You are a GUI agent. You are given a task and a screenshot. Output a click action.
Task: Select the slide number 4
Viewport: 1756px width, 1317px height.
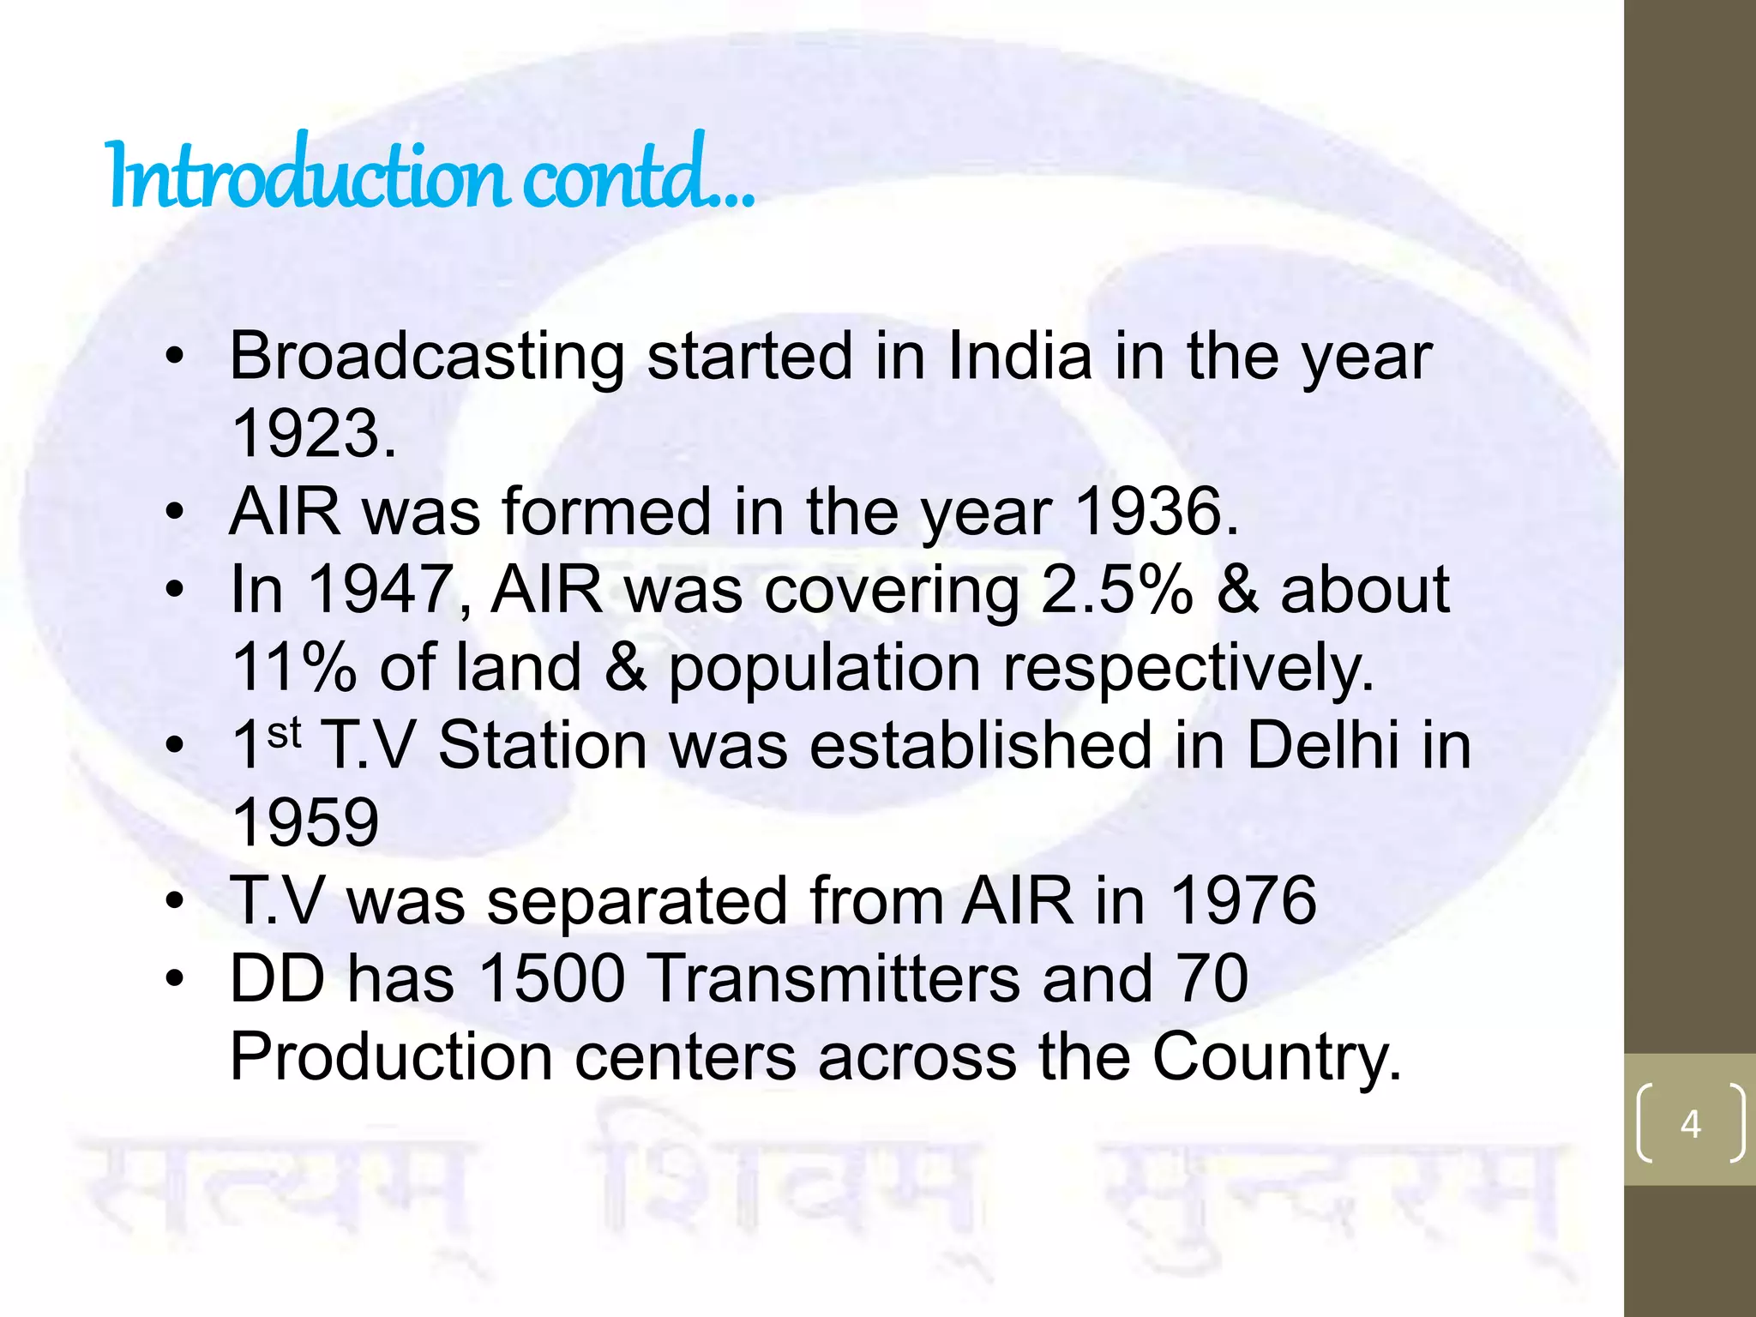click(x=1690, y=1123)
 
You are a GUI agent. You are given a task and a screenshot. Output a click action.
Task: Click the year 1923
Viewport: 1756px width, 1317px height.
click(x=312, y=434)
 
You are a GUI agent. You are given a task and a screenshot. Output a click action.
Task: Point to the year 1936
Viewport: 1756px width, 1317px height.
click(x=1155, y=512)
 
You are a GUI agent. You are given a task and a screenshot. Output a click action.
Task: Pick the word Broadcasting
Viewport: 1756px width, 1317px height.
click(x=427, y=357)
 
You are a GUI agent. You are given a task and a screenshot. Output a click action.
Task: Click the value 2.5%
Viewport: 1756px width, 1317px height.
click(x=1116, y=590)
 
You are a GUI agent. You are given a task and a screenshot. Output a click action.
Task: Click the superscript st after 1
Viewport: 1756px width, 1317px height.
click(x=284, y=733)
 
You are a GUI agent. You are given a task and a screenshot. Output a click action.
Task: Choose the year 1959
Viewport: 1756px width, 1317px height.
click(x=305, y=822)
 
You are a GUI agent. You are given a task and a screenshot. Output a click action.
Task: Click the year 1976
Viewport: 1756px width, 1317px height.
click(x=1242, y=900)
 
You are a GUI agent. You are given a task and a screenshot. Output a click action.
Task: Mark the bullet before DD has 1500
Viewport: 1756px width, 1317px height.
click(x=175, y=978)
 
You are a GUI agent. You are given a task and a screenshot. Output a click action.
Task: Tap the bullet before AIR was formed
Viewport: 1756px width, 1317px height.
click(x=175, y=513)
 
